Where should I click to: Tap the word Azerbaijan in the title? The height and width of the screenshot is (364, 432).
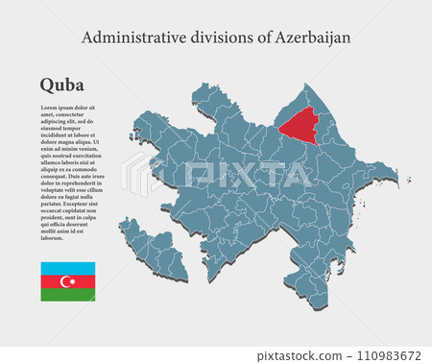[312, 37]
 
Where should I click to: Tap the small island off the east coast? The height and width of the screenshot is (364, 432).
[408, 179]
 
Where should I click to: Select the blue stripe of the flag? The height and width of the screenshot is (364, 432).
[67, 268]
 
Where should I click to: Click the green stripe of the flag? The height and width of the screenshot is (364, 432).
[67, 295]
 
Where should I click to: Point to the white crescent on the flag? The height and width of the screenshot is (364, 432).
[66, 281]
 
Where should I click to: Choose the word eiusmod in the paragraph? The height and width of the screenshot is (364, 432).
[54, 129]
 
